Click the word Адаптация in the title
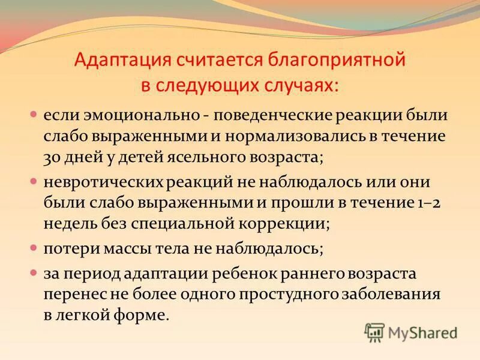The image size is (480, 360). pos(121,61)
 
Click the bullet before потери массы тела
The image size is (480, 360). pos(34,246)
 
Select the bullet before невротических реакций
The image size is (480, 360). pos(34,180)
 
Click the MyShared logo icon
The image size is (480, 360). pos(374,332)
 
